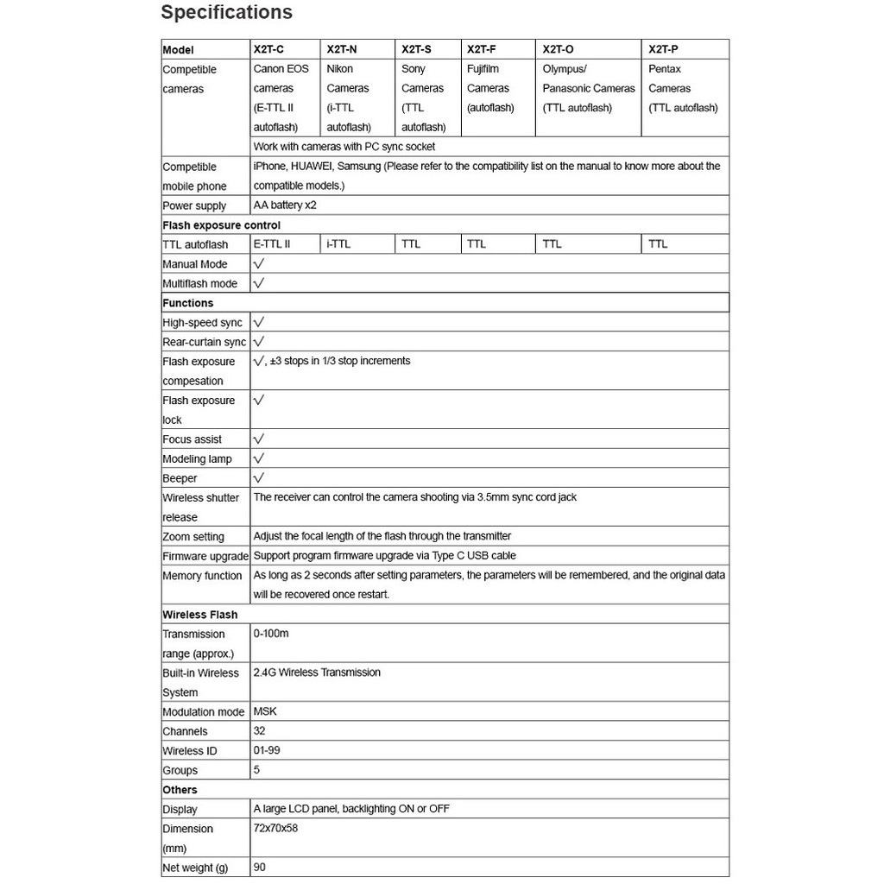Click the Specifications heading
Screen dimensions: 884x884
[226, 13]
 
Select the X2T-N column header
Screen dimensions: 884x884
[342, 49]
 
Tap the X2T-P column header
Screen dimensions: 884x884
[663, 49]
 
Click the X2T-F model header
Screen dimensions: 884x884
[481, 49]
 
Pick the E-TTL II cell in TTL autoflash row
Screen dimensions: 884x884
[272, 244]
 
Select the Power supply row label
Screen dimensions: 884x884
[194, 205]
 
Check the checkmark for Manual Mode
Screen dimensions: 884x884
[259, 263]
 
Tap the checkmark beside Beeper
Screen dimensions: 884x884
[259, 477]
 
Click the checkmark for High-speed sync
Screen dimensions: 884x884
[259, 322]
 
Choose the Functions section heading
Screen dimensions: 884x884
[188, 303]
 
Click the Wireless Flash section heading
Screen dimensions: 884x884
[200, 615]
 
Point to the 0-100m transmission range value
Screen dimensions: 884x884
[271, 634]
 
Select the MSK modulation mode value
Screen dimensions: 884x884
[265, 711]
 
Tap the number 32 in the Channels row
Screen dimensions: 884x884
[260, 730]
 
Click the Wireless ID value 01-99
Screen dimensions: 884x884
[267, 750]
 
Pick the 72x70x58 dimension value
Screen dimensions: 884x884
[276, 828]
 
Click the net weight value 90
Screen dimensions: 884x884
[260, 867]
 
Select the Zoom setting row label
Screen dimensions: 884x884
[193, 537]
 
